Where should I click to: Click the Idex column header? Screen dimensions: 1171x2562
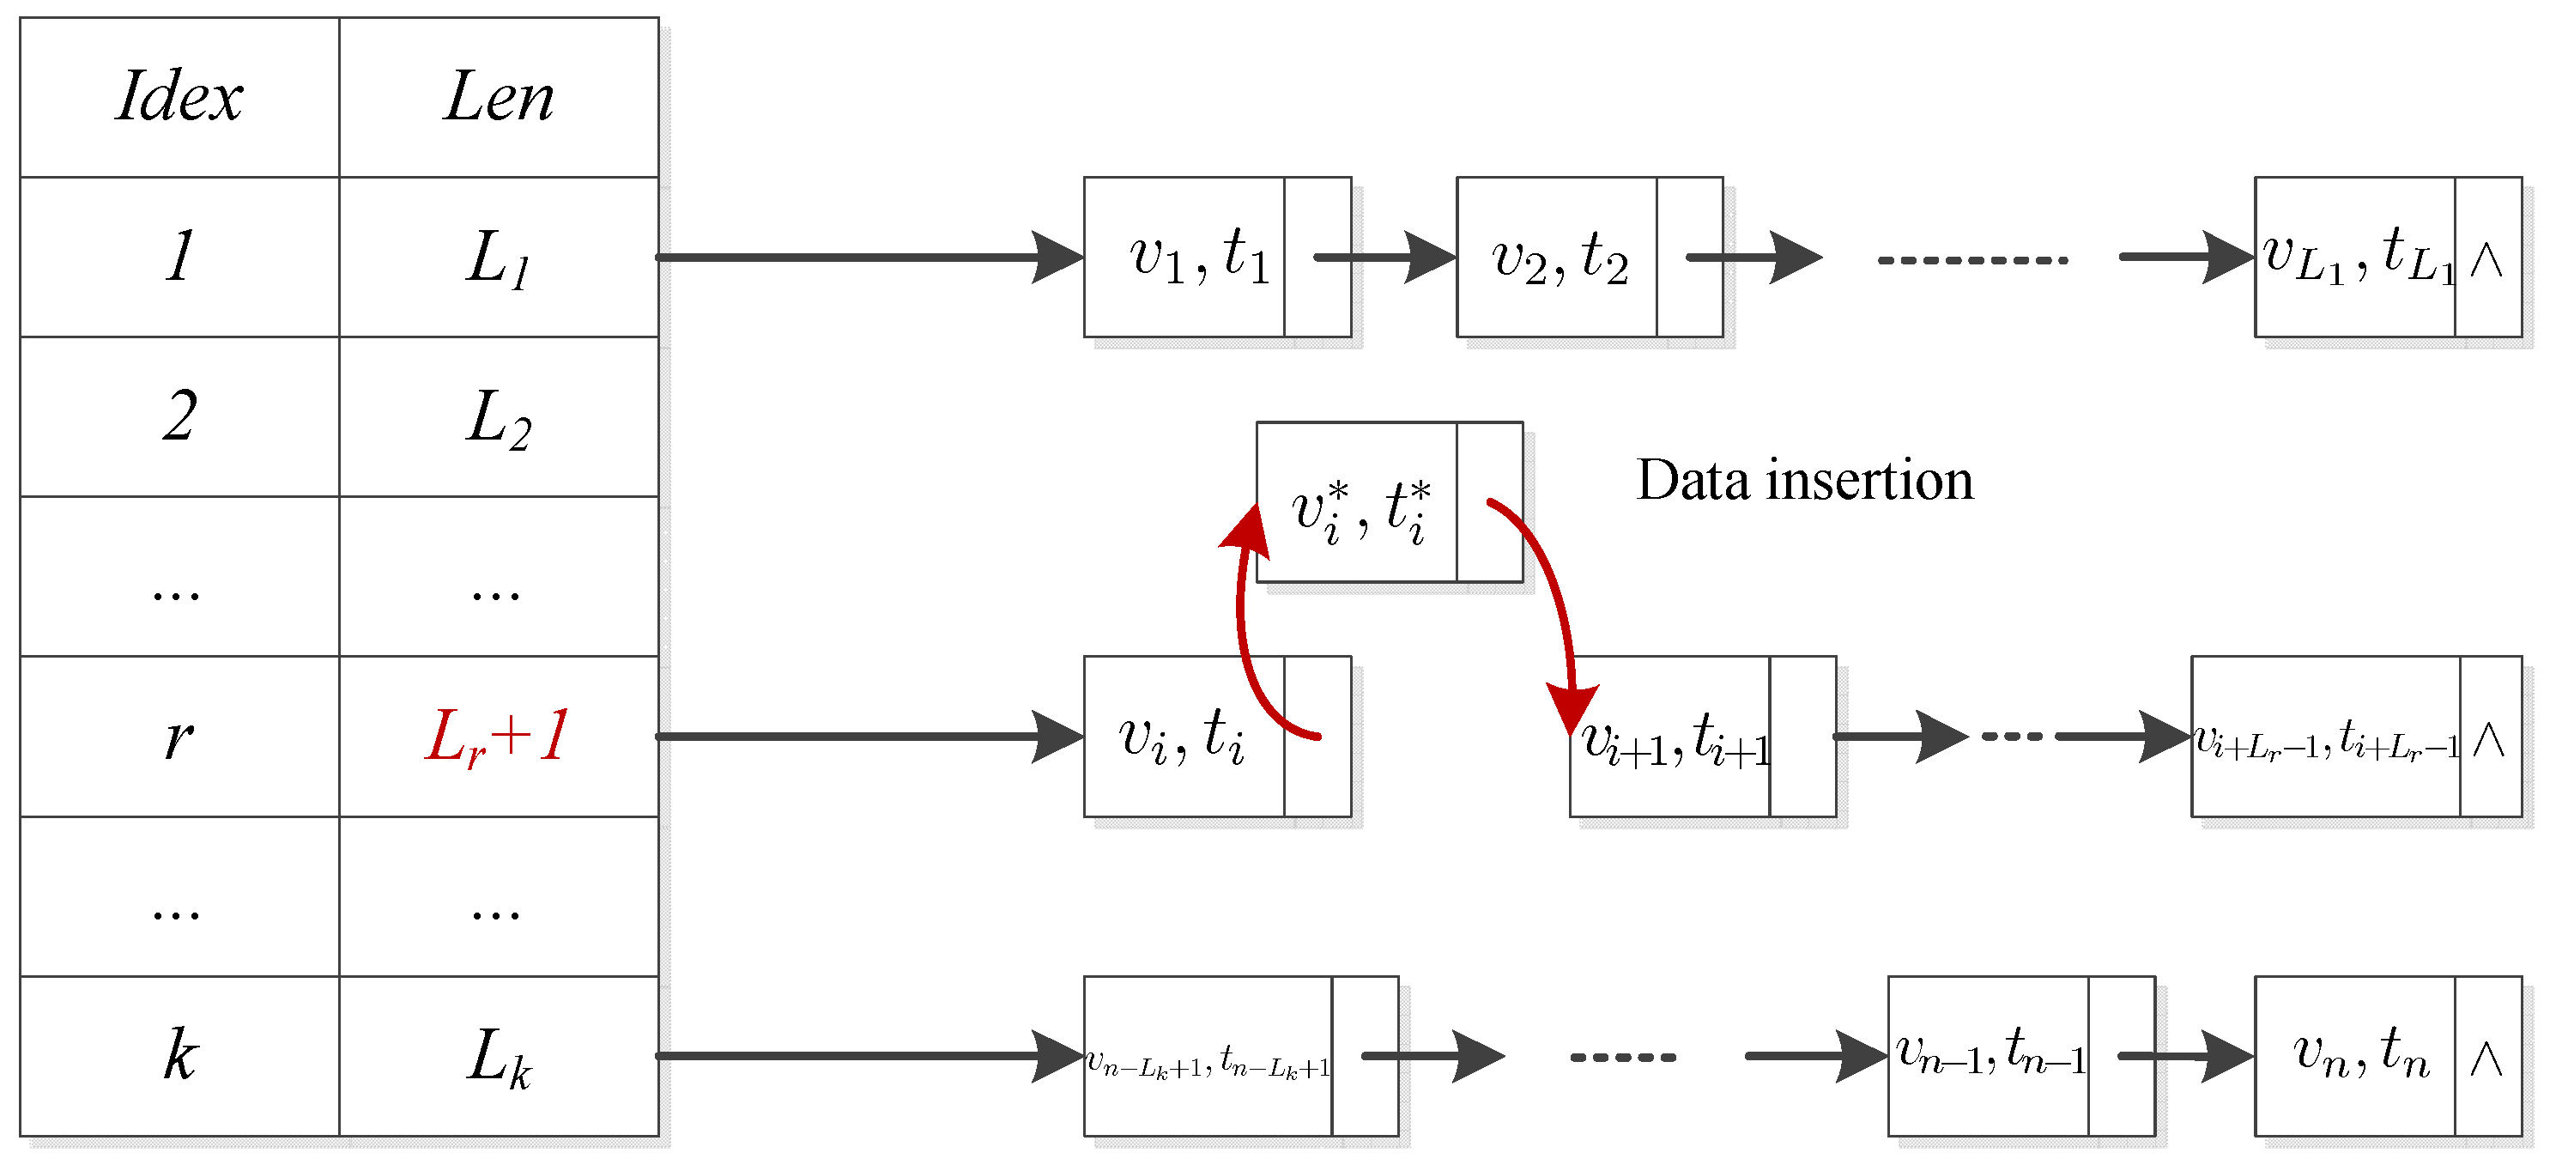pos(179,98)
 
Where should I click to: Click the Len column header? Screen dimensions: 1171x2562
pos(499,98)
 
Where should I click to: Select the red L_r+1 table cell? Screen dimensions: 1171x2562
pos(499,737)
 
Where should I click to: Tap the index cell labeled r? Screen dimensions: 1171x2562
pos(179,737)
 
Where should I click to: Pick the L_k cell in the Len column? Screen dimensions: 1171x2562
pos(499,1057)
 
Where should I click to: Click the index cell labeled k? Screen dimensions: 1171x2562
pos(179,1057)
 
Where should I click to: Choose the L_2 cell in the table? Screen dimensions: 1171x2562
pos(499,417)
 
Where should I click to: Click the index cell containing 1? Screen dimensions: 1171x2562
pos(179,257)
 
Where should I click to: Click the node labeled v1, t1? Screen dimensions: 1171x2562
pos(1198,257)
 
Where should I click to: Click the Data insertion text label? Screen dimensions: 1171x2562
pos(1804,481)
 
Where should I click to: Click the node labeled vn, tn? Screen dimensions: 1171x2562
pos(2360,1056)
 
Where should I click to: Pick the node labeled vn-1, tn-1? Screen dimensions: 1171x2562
pos(1990,1056)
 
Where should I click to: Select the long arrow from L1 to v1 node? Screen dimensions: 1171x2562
pos(865,257)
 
